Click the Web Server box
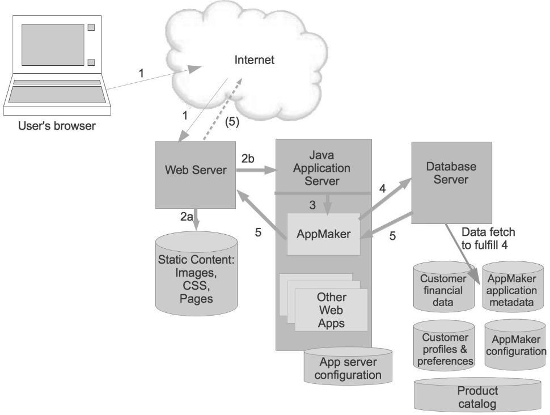196,170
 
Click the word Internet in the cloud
255,60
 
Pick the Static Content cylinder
196,278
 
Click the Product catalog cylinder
477,397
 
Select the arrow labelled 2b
255,169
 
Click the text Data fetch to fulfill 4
489,238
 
